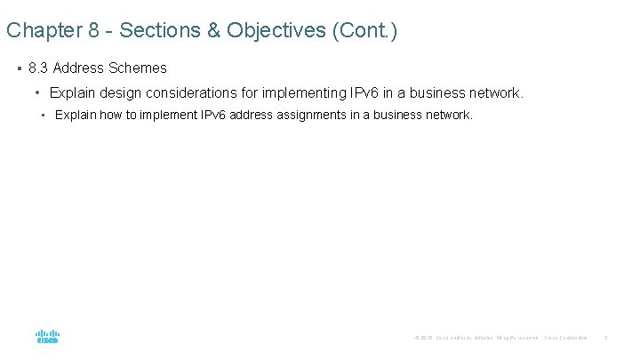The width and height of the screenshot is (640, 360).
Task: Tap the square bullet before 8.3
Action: click(x=19, y=68)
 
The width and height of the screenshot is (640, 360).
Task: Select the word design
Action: click(x=119, y=92)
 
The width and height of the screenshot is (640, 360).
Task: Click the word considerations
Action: click(x=196, y=92)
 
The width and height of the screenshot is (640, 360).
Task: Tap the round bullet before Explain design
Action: click(x=38, y=92)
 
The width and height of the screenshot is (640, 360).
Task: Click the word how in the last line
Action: click(x=112, y=115)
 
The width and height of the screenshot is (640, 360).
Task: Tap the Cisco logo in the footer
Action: click(x=48, y=337)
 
